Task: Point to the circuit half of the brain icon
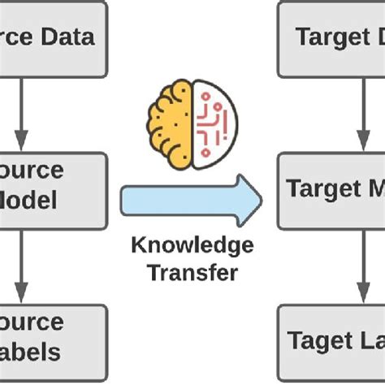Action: [214, 123]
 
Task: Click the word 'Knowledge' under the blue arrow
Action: [192, 246]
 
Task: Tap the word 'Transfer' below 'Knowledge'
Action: [192, 272]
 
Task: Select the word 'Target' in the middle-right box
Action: [318, 188]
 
